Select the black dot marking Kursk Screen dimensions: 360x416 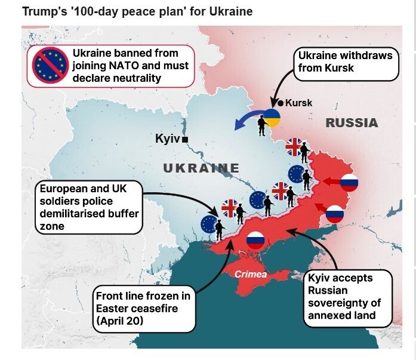point(281,103)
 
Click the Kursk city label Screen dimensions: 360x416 point(298,103)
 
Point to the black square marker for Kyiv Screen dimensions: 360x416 point(186,139)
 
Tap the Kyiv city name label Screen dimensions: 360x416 point(167,139)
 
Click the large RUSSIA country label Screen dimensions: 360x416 point(352,123)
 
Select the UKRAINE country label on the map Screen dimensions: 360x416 point(201,168)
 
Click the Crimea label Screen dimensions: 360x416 point(251,275)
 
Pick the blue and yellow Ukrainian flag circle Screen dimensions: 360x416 point(272,118)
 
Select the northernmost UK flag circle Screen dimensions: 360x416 point(294,146)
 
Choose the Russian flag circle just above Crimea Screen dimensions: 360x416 point(255,239)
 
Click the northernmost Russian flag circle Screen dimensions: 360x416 point(349,183)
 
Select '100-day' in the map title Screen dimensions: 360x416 point(91,11)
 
